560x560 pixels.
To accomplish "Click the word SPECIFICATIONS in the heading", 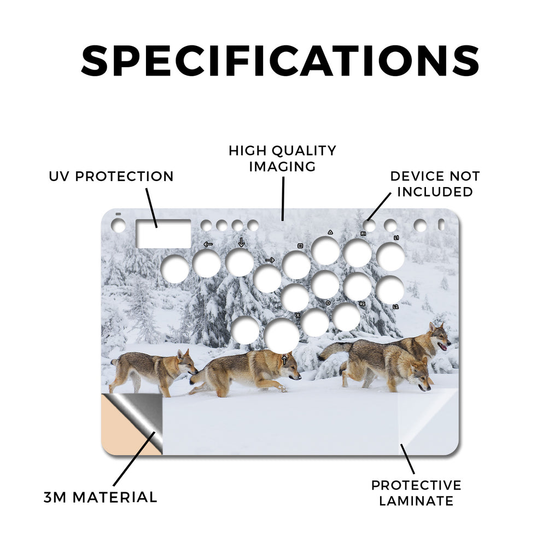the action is pyautogui.click(x=280, y=61).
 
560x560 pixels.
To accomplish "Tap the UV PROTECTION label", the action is pyautogui.click(x=111, y=177).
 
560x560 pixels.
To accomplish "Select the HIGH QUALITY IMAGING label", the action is pyautogui.click(x=283, y=159).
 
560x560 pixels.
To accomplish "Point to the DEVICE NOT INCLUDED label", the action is pyautogui.click(x=435, y=184).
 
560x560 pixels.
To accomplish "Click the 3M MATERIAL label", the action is pyautogui.click(x=101, y=498).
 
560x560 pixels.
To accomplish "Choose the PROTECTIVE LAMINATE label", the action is pyautogui.click(x=416, y=493).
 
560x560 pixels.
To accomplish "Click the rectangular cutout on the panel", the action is pyautogui.click(x=164, y=234).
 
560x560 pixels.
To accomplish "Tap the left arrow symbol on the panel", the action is pyautogui.click(x=208, y=244).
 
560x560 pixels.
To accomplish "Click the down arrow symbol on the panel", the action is pyautogui.click(x=241, y=242).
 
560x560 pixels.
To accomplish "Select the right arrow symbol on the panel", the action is pyautogui.click(x=270, y=260).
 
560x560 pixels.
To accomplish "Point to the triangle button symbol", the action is pyautogui.click(x=330, y=232).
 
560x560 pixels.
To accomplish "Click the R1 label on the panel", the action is pyautogui.click(x=363, y=234).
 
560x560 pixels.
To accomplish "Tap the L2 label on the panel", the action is pyautogui.click(x=396, y=307).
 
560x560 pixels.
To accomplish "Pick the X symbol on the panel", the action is pyautogui.click(x=298, y=316).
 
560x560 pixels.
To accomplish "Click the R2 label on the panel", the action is pyautogui.click(x=362, y=304).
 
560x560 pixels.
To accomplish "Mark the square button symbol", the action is pyautogui.click(x=300, y=246).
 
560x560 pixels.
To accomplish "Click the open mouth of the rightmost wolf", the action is pyautogui.click(x=442, y=346).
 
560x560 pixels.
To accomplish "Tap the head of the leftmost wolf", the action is pyautogui.click(x=187, y=361).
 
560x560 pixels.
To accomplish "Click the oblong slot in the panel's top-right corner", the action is pyautogui.click(x=441, y=225).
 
